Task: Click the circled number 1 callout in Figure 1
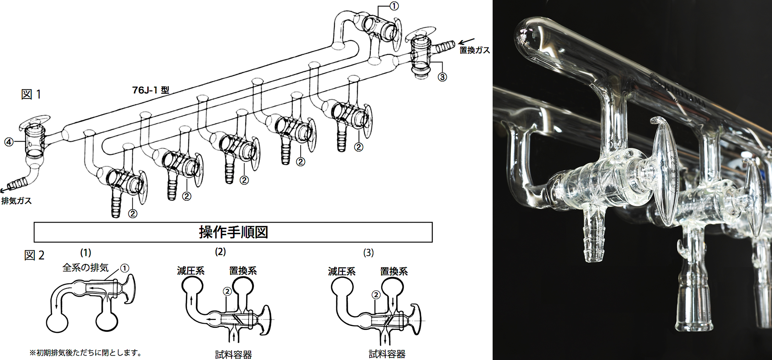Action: pos(394,6)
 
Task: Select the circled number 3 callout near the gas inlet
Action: pos(442,77)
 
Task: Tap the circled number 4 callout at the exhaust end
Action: pos(9,142)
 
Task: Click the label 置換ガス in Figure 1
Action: pos(475,50)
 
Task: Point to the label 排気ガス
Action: pos(17,201)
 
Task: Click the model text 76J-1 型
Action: pos(151,90)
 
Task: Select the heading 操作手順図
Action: pos(233,232)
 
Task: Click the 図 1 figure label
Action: pos(31,95)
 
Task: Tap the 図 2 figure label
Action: pos(34,255)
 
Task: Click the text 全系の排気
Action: pos(86,267)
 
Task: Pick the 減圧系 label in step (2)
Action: pos(190,271)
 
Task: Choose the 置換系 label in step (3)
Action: pos(394,271)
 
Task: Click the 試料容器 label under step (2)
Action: pos(233,354)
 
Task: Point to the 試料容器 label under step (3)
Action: pos(387,354)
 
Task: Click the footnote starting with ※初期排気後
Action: pos(86,353)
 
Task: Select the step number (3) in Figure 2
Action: pos(368,253)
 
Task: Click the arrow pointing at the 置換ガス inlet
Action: pos(466,42)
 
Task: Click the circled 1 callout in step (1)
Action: pos(125,268)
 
